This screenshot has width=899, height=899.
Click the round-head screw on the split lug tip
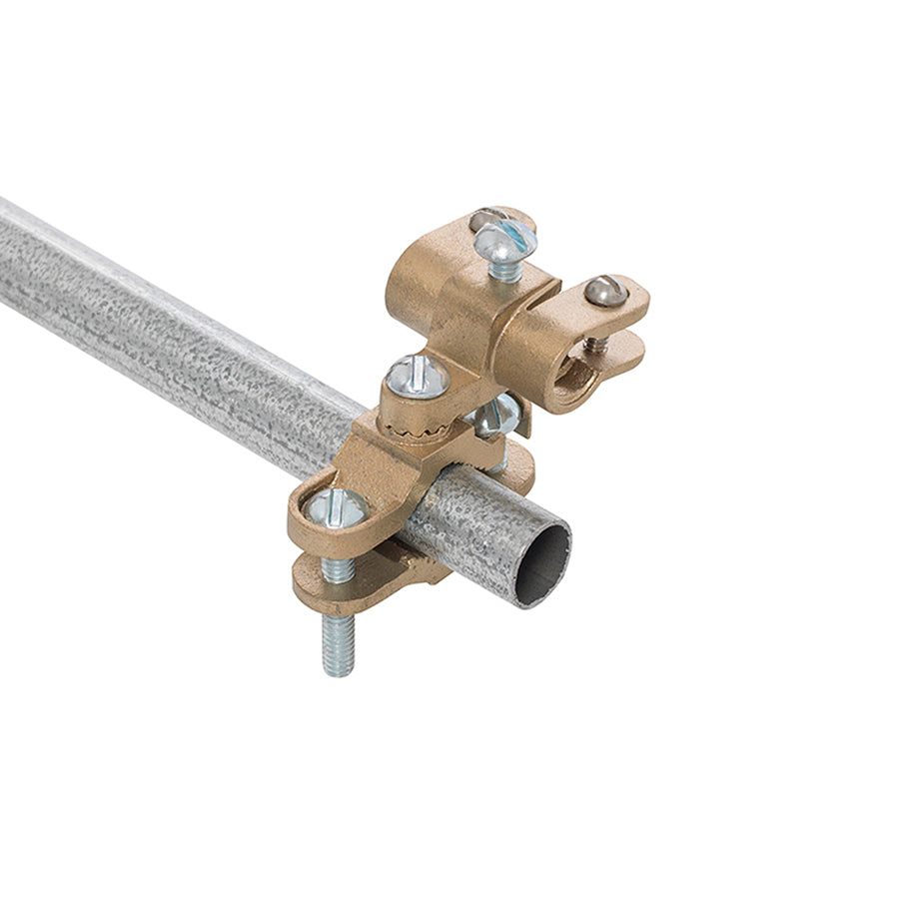coord(605,291)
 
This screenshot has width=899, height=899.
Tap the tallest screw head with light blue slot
coord(504,240)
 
